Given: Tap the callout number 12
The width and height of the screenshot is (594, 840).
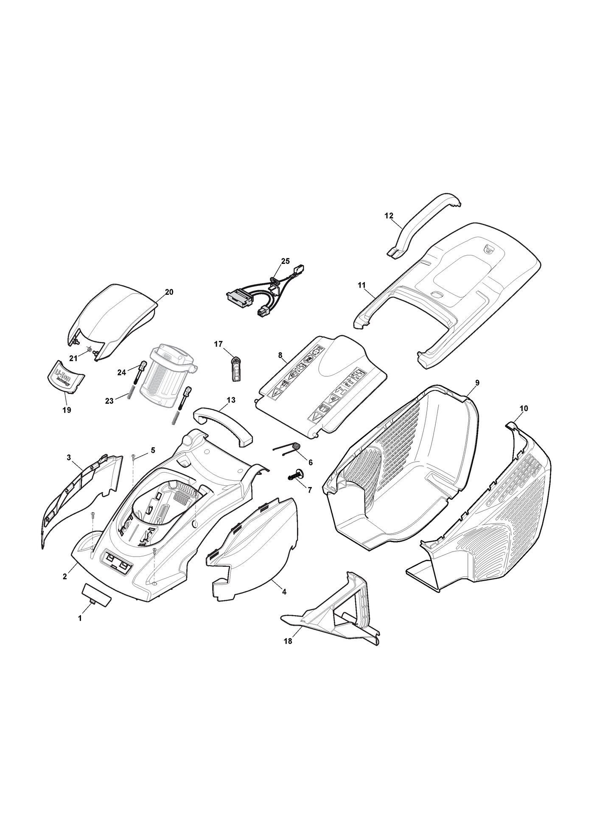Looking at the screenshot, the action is (389, 216).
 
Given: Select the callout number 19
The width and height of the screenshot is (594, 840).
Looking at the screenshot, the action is (67, 410).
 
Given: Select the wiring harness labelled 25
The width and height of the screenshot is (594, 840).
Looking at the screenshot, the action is (265, 288).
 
